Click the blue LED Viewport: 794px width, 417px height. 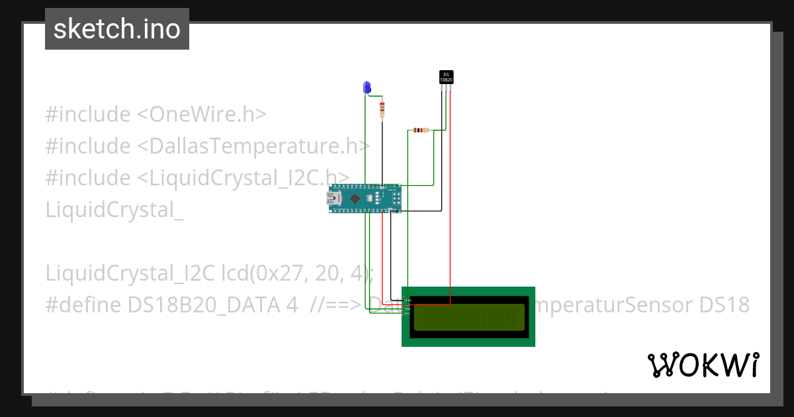click(x=367, y=87)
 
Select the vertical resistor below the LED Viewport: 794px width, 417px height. click(x=382, y=109)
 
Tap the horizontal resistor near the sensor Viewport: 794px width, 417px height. click(x=419, y=130)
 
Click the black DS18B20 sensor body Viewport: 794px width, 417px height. click(x=447, y=77)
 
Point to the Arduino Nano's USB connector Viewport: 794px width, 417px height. click(x=337, y=198)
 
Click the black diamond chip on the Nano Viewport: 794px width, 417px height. click(x=356, y=198)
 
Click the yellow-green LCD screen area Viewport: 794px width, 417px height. click(x=468, y=317)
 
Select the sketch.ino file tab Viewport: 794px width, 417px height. click(x=117, y=29)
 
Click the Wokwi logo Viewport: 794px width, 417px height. click(x=703, y=365)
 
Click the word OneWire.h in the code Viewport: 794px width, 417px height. click(x=208, y=115)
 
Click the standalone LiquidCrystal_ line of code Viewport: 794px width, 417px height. click(x=114, y=210)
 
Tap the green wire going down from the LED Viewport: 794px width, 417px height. click(x=365, y=146)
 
